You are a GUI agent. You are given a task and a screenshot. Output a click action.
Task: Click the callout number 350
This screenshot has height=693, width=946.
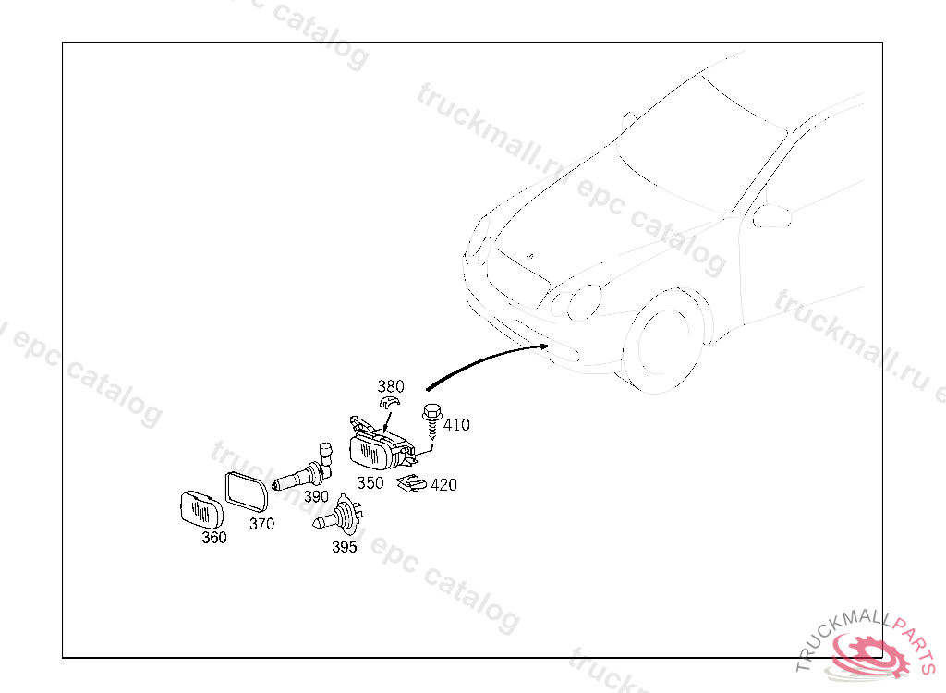coord(370,483)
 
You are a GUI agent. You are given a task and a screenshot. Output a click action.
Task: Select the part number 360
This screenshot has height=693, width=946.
coord(214,538)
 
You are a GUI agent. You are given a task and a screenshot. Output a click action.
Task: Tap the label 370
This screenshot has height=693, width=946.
coord(261,524)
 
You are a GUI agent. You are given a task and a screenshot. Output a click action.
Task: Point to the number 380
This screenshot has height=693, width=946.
coord(391,386)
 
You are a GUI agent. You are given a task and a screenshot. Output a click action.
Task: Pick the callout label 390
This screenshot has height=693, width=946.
coord(316,496)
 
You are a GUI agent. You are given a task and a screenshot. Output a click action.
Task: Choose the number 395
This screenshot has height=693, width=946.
coord(345,546)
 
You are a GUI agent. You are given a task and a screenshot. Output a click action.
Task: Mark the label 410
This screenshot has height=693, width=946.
coord(456,425)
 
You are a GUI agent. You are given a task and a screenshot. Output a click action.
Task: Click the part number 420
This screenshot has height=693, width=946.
coord(443,484)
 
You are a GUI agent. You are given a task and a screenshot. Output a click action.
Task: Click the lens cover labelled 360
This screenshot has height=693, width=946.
coord(201,509)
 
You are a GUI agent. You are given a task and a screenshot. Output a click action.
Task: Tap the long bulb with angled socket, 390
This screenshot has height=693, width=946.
coord(300,475)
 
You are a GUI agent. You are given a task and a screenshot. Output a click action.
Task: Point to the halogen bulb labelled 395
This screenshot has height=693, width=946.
coord(339,517)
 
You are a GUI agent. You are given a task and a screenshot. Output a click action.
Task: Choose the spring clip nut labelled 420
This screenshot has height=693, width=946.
coord(411,483)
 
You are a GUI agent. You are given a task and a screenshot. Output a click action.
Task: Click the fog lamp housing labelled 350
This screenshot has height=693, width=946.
coord(379,451)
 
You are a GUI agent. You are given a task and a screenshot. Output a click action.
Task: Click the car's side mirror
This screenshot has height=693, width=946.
coord(772,217)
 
